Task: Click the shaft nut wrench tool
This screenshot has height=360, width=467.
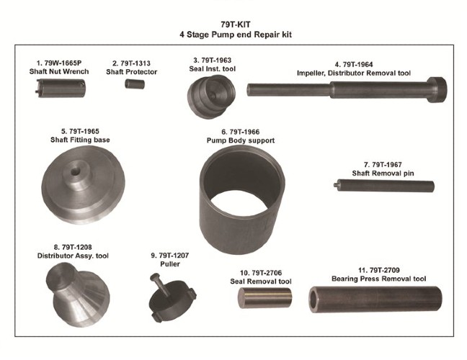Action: [x=61, y=88]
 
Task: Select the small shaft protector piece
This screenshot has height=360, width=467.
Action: [x=135, y=84]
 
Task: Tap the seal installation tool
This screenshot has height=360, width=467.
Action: [x=211, y=96]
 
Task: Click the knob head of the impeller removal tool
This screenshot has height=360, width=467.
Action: [x=437, y=89]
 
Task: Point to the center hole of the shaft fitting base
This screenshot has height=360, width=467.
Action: [x=75, y=171]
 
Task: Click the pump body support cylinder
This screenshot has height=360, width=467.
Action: [x=242, y=200]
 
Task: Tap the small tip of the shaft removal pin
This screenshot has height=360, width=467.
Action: [x=336, y=185]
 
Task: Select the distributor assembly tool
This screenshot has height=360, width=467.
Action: [x=78, y=294]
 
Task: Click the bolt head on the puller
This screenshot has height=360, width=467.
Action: [x=154, y=277]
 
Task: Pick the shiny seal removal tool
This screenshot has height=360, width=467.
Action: [x=264, y=298]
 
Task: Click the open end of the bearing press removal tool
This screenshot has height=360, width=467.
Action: [x=314, y=300]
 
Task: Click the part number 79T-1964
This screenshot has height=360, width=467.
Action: [x=357, y=65]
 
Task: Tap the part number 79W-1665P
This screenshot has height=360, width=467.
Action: [x=63, y=63]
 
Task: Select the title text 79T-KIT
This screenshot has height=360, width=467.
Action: [x=236, y=24]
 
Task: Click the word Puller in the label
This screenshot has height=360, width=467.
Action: [x=170, y=264]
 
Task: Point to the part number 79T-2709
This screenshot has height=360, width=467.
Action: [x=385, y=270]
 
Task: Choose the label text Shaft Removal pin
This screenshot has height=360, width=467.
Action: [x=383, y=173]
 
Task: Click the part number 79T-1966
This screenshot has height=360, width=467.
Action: [x=244, y=132]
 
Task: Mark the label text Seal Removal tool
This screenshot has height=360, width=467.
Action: [x=261, y=281]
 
